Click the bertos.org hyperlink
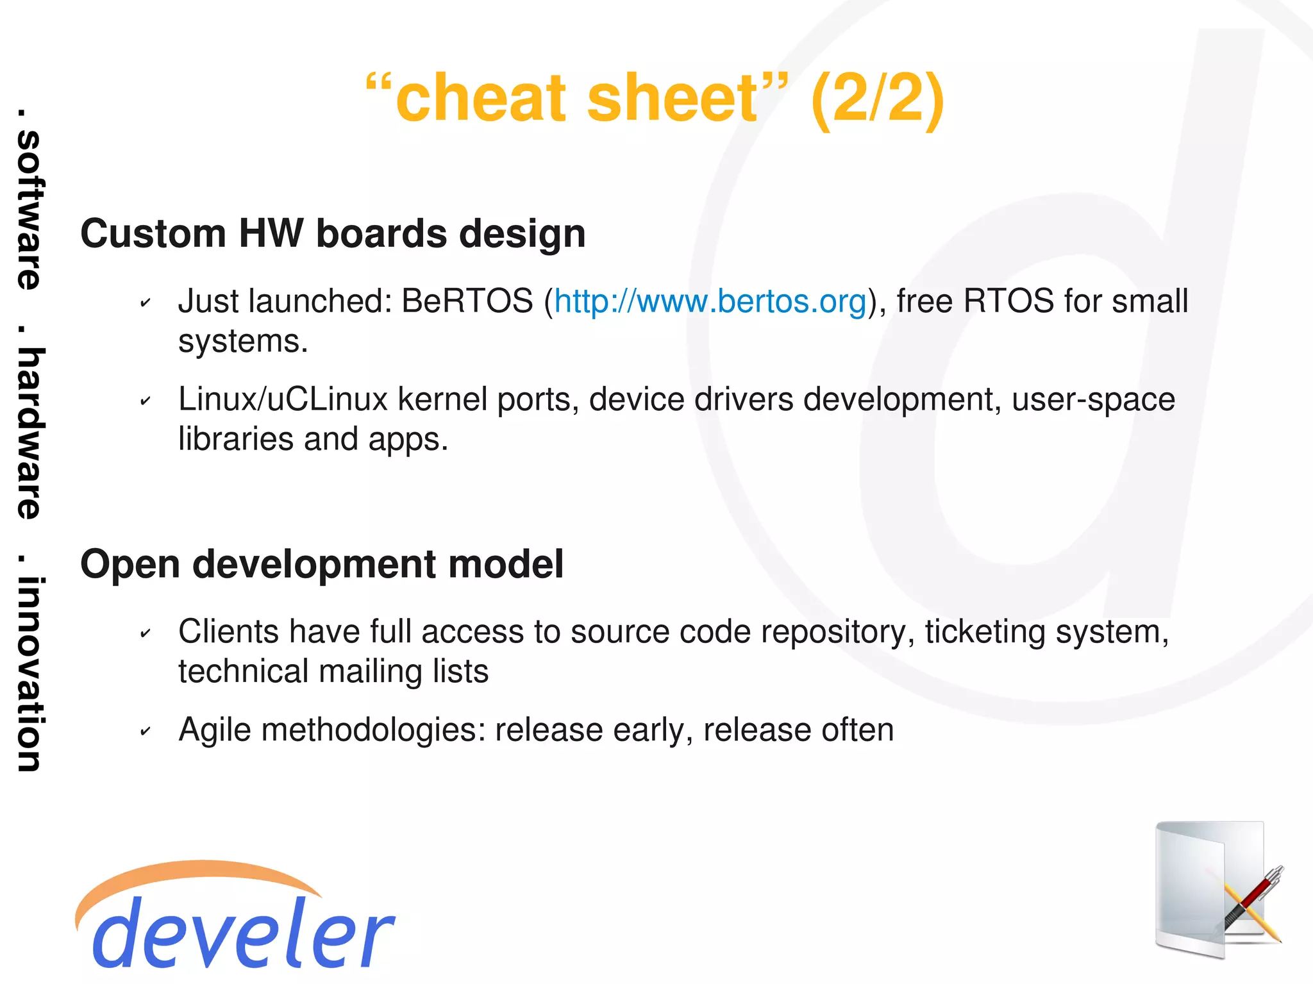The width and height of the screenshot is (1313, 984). pyautogui.click(x=710, y=302)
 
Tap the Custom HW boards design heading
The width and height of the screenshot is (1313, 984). pyautogui.click(x=333, y=233)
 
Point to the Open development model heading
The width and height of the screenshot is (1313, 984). pyautogui.click(x=322, y=564)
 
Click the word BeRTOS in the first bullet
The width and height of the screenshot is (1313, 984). pyautogui.click(x=467, y=302)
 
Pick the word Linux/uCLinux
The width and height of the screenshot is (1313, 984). pyautogui.click(x=283, y=400)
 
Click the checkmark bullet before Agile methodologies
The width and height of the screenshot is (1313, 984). pyautogui.click(x=146, y=731)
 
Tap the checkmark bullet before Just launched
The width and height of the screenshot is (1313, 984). pyautogui.click(x=146, y=303)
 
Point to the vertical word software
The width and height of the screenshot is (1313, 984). pyautogui.click(x=29, y=210)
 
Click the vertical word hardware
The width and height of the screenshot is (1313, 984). pyautogui.click(x=29, y=433)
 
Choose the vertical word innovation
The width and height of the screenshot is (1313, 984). pyautogui.click(x=29, y=673)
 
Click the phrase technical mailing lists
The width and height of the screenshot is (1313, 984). pyautogui.click(x=333, y=672)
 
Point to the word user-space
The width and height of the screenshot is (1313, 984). pyautogui.click(x=1093, y=400)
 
